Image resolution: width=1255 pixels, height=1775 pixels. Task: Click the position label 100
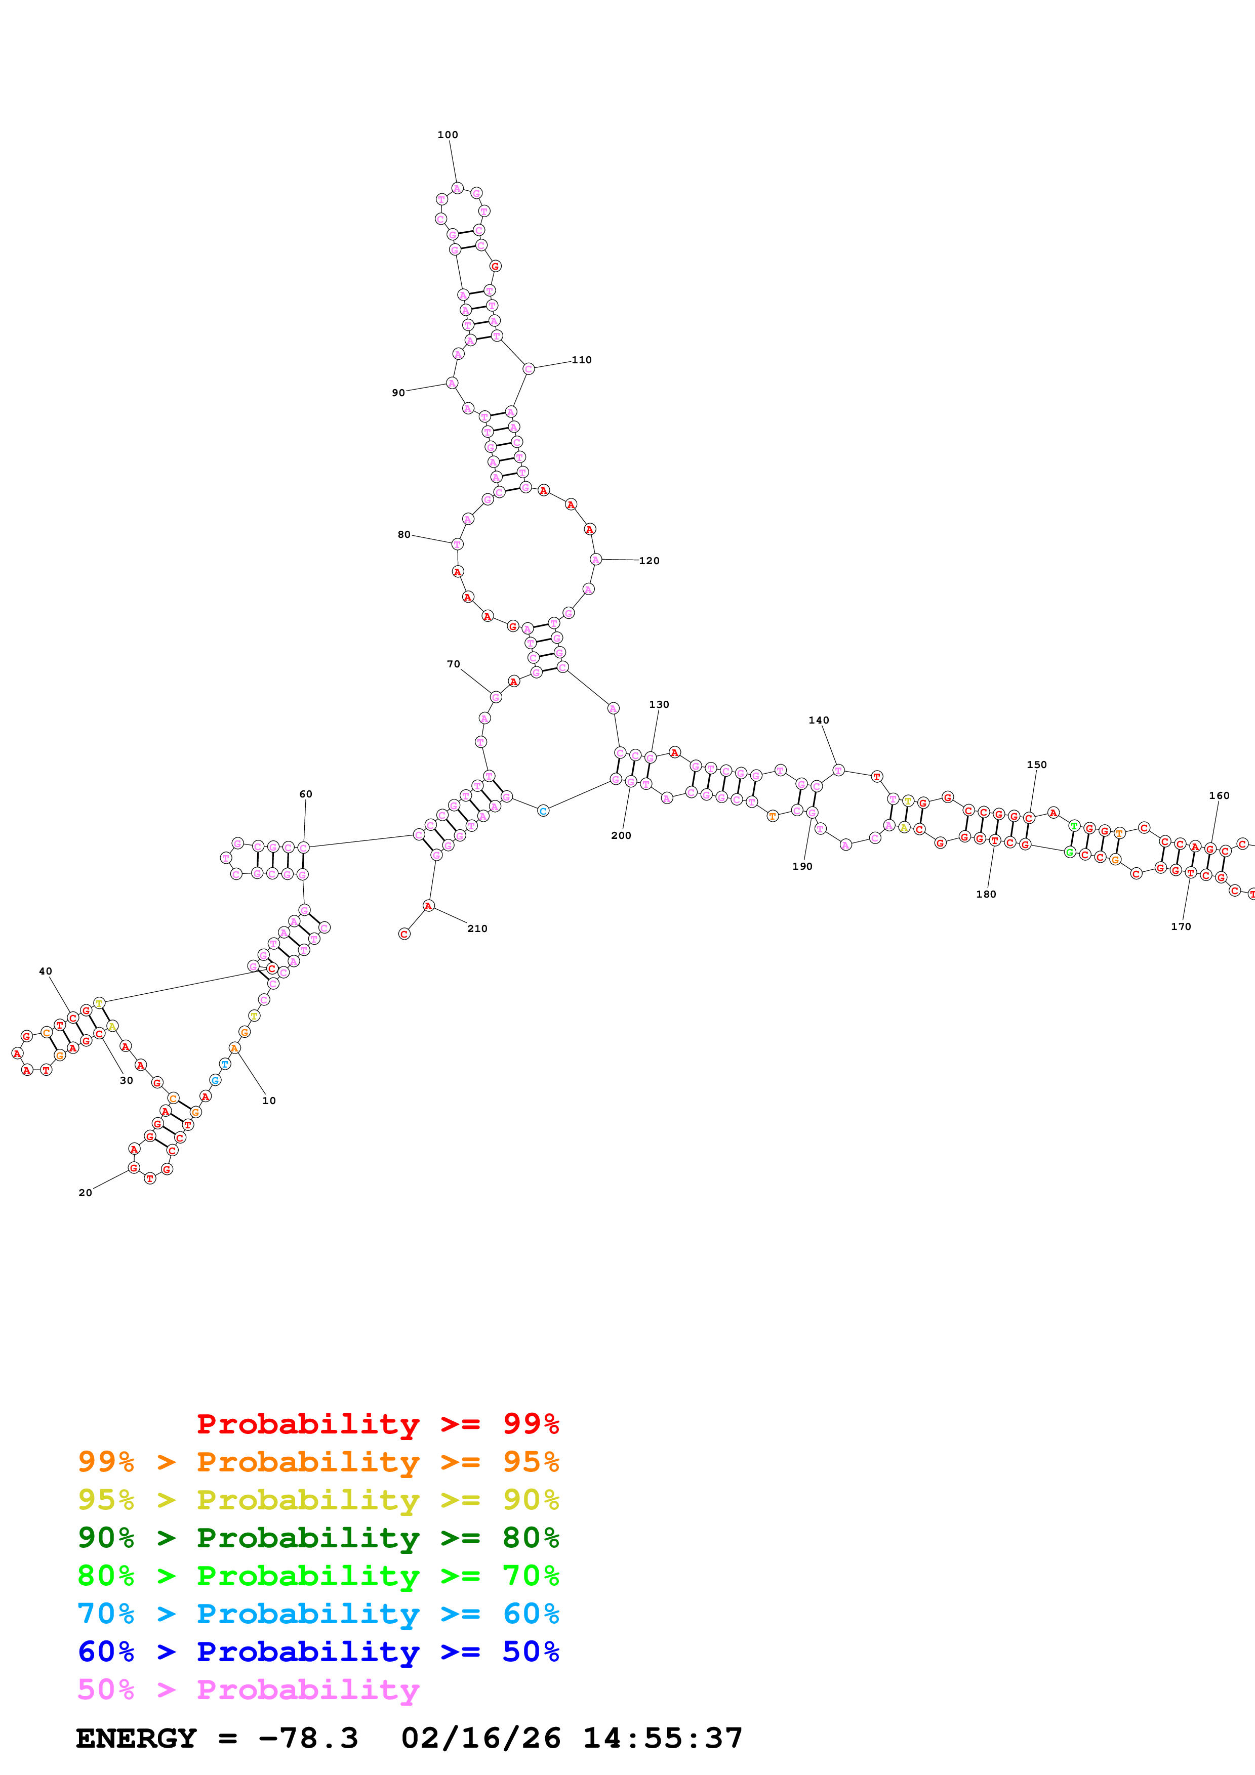(x=447, y=135)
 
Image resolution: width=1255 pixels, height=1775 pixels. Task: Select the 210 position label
(x=477, y=928)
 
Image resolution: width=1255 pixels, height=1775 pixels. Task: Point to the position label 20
(x=85, y=1192)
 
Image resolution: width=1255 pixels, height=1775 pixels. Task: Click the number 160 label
(x=1219, y=795)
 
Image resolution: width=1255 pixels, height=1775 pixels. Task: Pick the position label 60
(x=305, y=794)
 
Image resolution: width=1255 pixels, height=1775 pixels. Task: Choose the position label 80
(x=403, y=534)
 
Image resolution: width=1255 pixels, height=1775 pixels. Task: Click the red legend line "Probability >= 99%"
(x=377, y=1424)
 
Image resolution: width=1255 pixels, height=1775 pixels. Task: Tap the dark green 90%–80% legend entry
(x=318, y=1538)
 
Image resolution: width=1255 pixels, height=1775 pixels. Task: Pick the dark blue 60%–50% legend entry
(x=318, y=1652)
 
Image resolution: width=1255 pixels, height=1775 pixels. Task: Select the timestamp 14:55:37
(x=662, y=1739)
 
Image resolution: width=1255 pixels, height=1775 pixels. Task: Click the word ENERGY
(x=136, y=1739)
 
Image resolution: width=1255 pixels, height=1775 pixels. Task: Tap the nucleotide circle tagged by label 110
(x=528, y=369)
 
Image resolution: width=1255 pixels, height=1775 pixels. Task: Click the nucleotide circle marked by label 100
(x=457, y=188)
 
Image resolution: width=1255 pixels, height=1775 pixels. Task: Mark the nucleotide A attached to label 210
(x=428, y=905)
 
